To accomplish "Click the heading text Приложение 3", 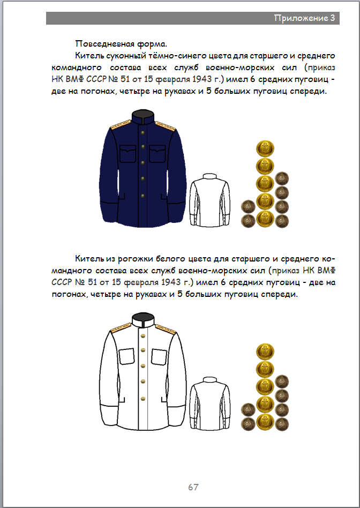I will [304, 18].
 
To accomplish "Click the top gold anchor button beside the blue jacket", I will [265, 148].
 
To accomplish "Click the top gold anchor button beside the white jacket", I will [265, 352].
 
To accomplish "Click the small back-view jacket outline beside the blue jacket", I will [210, 200].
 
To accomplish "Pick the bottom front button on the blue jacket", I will [143, 193].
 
